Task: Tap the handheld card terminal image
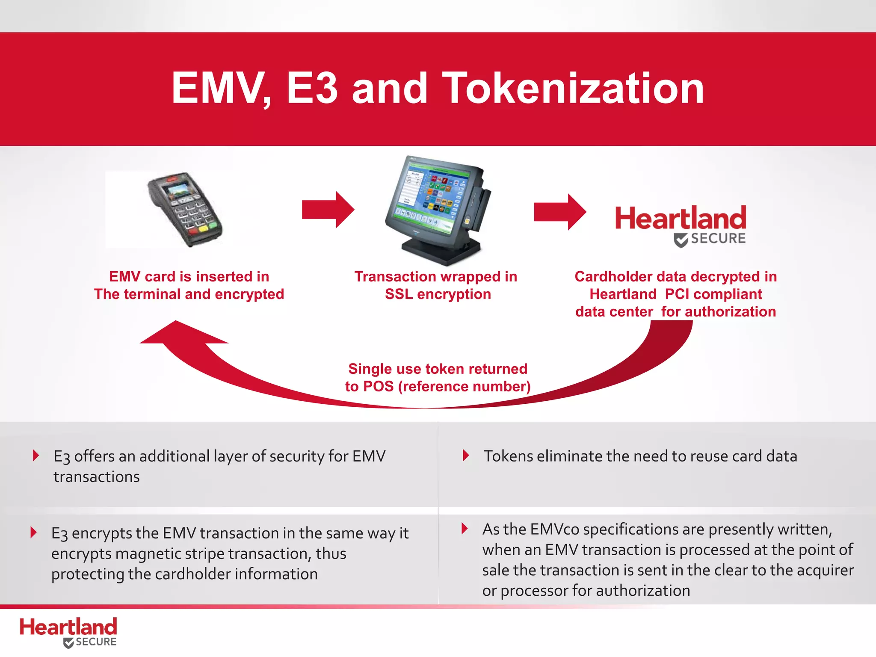185,209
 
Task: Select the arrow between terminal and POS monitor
328,210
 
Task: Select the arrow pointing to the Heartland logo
560,212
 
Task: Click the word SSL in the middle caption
399,294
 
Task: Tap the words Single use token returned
438,369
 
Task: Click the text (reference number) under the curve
464,387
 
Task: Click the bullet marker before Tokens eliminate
466,456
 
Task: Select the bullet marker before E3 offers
36,456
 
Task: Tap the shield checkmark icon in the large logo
681,240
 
